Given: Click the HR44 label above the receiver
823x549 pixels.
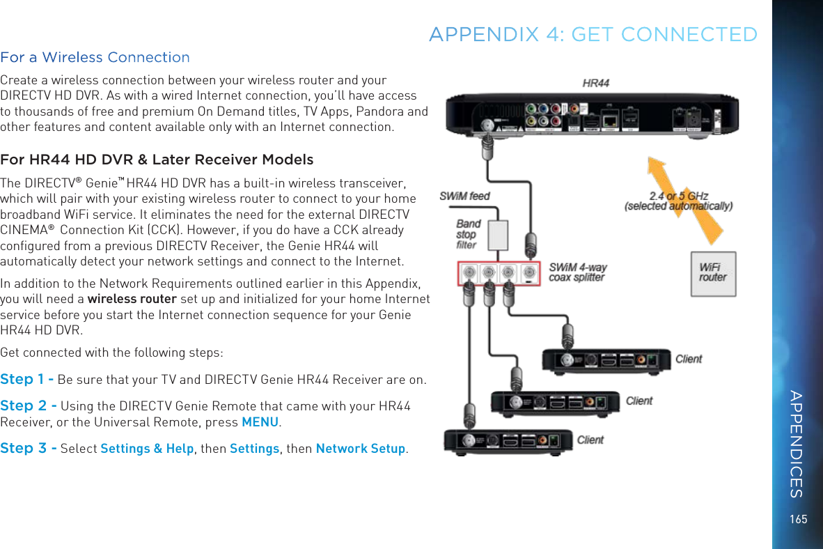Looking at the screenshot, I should click(x=595, y=83).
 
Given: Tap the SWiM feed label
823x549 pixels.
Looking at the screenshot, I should click(x=464, y=196).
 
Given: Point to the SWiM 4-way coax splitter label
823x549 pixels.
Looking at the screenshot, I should click(x=577, y=272).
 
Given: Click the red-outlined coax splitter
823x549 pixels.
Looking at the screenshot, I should click(x=499, y=272).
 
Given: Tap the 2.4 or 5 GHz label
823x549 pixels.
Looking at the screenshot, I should click(x=678, y=201).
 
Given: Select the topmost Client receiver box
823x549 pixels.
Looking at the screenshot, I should click(x=606, y=360).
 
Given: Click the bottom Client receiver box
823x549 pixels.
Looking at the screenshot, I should click(x=508, y=441).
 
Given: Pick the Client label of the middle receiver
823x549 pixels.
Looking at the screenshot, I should click(x=639, y=401).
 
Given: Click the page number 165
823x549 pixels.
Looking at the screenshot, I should click(x=799, y=519).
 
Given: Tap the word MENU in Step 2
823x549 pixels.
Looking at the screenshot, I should click(x=260, y=423).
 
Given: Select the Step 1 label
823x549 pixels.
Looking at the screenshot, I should click(x=26, y=380).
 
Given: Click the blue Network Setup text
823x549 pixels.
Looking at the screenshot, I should click(x=360, y=449).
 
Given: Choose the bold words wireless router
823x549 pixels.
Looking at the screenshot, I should click(x=132, y=300).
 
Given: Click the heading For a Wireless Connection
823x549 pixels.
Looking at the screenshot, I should click(x=95, y=57).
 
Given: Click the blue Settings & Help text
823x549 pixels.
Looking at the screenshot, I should click(x=147, y=449).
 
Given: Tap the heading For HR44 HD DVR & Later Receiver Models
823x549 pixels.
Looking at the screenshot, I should click(x=157, y=160).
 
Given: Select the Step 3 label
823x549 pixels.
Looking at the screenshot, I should click(x=28, y=449).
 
